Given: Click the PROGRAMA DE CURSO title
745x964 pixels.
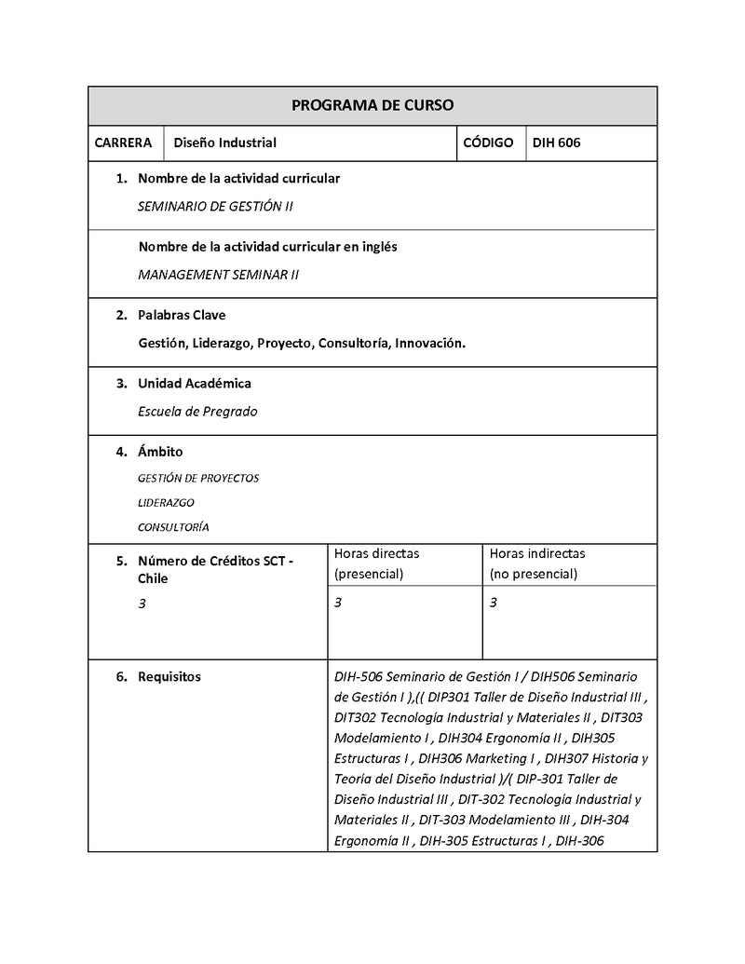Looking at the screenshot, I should pos(372,105).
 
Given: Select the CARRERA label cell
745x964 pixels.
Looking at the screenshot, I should pos(123,143).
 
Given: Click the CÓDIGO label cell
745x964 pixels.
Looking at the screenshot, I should pos(488,143).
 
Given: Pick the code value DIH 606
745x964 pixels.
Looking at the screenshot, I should pos(556,143).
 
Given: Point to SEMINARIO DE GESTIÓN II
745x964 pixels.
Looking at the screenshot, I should pos(215,206).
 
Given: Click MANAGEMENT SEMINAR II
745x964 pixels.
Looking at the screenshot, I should pos(218,275).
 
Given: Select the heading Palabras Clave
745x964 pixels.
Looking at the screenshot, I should pos(182,315).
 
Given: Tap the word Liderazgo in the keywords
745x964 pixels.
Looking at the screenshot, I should pos(222,344).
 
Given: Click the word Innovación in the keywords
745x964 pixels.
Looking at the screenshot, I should pos(429,344).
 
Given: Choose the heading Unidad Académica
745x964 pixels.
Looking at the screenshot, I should pos(195,383).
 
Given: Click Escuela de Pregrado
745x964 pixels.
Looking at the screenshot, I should pos(197,412).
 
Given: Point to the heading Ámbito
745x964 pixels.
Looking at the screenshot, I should pos(160,452).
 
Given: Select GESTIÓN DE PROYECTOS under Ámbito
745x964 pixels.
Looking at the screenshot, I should pos(198,478).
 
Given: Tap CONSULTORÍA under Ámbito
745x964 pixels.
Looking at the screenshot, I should pos(173,526).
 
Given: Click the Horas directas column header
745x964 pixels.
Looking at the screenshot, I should pos(376,563).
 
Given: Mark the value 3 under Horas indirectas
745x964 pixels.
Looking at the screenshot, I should pos(494,603).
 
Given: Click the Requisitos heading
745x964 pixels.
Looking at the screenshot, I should pos(169,677).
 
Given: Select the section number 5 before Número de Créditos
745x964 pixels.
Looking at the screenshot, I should pos(120,562).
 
